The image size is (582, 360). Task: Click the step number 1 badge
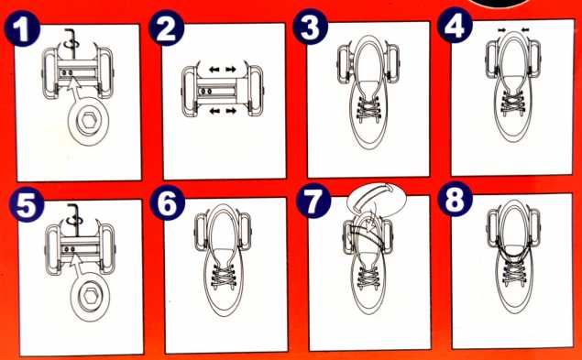(22, 28)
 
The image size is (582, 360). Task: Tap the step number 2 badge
(167, 27)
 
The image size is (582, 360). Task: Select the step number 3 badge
(311, 26)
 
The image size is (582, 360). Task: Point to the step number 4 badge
(455, 25)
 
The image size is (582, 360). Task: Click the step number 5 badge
(27, 204)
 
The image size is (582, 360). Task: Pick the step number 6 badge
(168, 202)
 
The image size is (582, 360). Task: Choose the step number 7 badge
(313, 201)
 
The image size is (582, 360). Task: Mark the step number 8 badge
(455, 199)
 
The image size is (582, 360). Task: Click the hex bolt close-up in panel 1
(89, 121)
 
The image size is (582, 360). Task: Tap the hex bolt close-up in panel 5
(90, 297)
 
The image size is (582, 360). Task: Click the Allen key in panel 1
(70, 41)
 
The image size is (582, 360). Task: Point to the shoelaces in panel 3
(368, 108)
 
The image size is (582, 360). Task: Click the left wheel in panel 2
(190, 92)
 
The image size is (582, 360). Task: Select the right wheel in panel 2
(256, 91)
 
